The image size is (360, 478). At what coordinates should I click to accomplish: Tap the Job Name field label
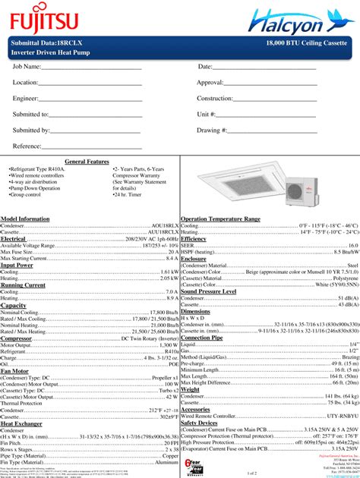27,68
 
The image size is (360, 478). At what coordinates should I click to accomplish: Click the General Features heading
87,162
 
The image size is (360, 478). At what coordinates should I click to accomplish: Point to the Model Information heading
25,219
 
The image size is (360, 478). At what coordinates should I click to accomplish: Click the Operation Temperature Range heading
220,219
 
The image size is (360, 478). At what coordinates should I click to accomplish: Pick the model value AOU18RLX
164,226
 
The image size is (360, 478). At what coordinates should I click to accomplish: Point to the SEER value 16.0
353,246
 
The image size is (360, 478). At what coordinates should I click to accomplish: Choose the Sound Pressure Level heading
219,291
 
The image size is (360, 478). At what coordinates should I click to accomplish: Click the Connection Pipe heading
201,337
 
